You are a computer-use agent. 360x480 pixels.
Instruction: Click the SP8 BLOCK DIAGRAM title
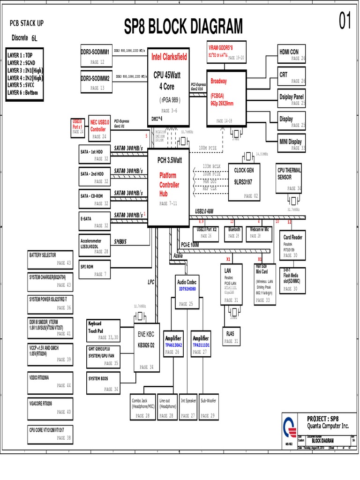[184, 27]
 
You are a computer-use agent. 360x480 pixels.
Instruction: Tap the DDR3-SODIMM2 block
[95, 82]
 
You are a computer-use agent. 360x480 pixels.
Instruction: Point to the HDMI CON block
[292, 54]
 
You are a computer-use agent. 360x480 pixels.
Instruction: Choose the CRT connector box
[292, 77]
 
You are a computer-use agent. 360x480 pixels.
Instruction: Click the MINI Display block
[292, 144]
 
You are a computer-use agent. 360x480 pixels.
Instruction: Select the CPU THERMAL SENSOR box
[288, 179]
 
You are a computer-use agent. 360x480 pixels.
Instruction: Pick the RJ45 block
[231, 337]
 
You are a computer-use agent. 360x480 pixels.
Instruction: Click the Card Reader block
[293, 245]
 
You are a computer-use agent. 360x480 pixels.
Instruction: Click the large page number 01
[345, 22]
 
